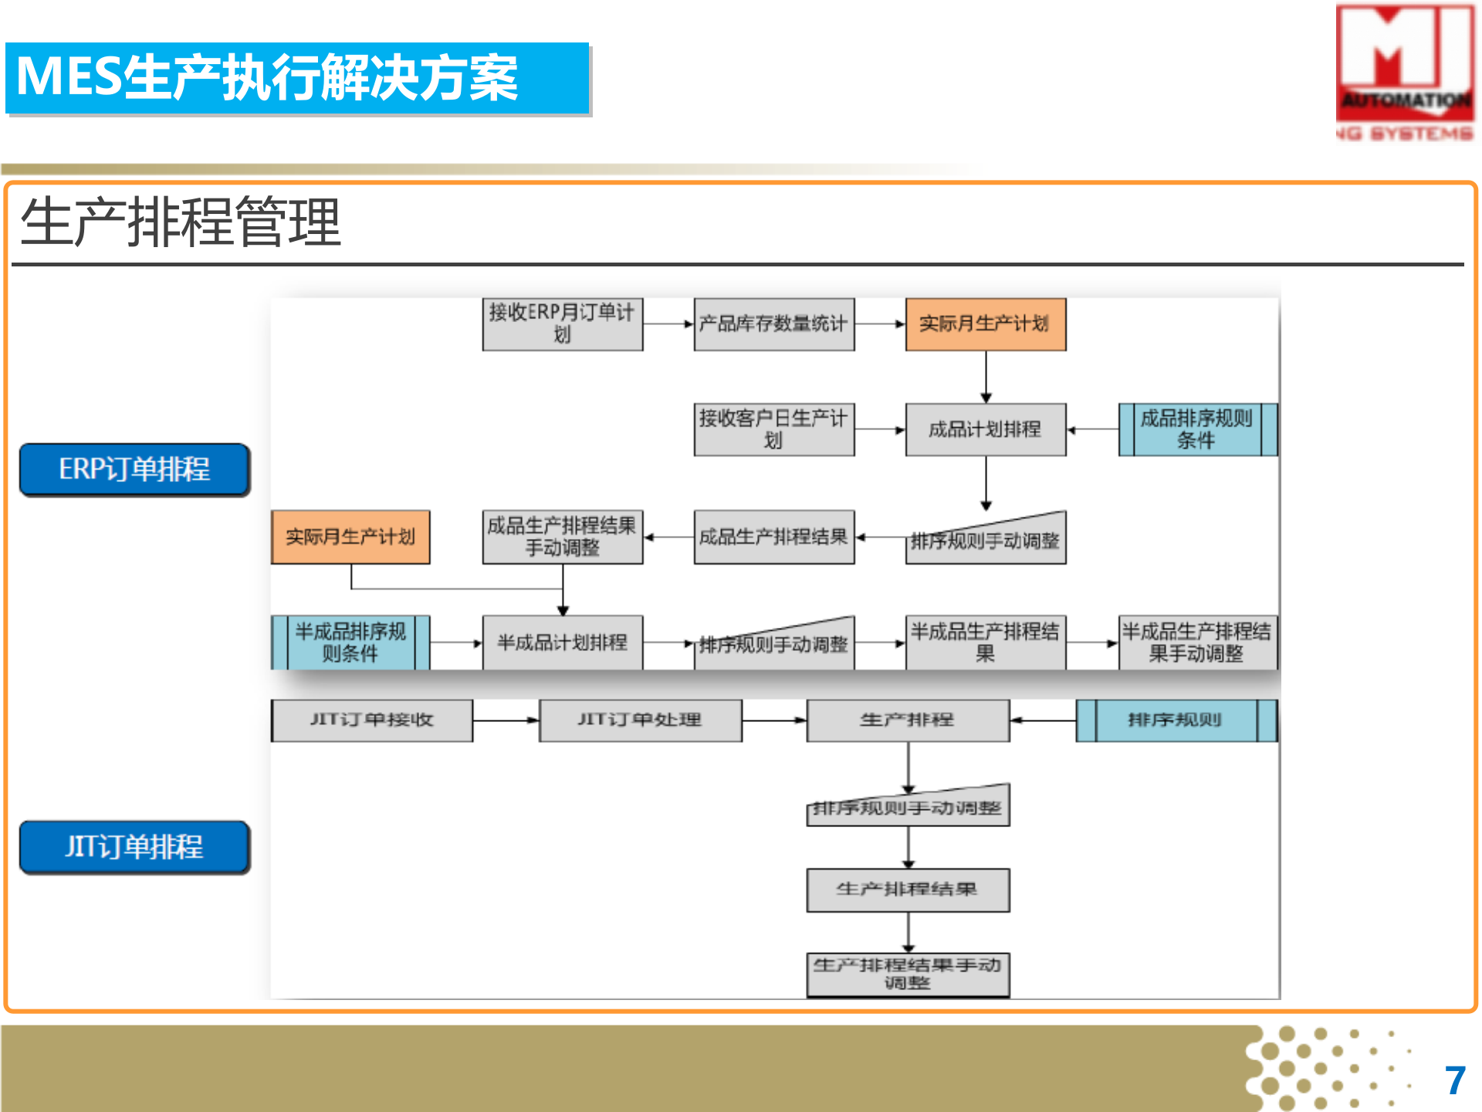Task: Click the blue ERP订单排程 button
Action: pos(135,470)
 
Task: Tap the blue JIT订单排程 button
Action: pos(135,847)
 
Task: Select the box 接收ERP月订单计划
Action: pos(563,324)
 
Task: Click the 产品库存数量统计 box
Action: pos(774,324)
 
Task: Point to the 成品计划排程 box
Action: pos(986,429)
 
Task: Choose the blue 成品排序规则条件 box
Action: pos(1197,429)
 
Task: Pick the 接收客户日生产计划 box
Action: pos(774,429)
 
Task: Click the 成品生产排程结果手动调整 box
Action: pos(563,537)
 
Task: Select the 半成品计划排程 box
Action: pos(563,642)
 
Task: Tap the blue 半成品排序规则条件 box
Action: pos(350,642)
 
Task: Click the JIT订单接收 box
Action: pos(372,720)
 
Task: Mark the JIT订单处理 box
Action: pos(641,720)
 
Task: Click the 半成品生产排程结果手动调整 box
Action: pos(1197,642)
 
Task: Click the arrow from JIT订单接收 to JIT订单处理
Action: pos(506,720)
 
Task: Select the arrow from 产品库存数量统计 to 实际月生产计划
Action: pos(880,324)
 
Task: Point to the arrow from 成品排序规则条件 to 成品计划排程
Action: pos(1093,430)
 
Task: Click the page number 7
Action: pos(1455,1080)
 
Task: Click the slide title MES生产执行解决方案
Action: pos(267,78)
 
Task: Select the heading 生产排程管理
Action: pos(181,223)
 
